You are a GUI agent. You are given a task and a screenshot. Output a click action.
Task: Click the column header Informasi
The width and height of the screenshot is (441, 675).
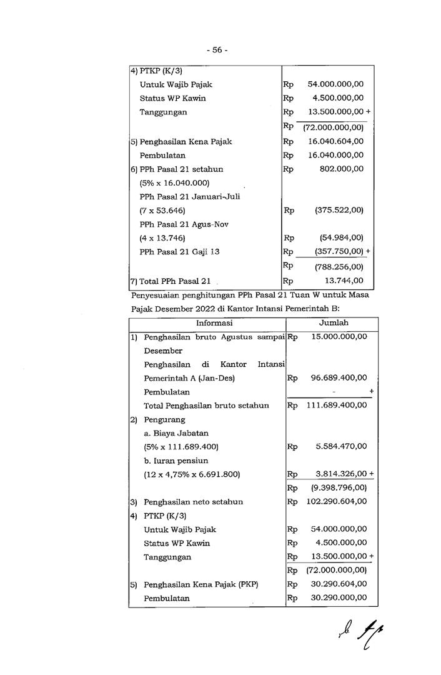click(x=214, y=323)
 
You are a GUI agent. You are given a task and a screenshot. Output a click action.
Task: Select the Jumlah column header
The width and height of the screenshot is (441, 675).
click(x=334, y=323)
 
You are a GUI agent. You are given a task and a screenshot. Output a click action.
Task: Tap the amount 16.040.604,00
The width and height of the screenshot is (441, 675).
click(x=336, y=142)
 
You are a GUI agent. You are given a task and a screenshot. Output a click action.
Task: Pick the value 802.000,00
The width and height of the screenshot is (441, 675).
click(x=341, y=169)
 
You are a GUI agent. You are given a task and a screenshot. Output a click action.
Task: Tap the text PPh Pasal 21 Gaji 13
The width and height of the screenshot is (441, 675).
click(x=179, y=251)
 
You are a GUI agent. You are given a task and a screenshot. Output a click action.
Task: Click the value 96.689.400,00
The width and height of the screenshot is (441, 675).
click(x=336, y=377)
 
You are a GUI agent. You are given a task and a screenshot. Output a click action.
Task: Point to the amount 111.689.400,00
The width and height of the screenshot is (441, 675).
click(x=336, y=405)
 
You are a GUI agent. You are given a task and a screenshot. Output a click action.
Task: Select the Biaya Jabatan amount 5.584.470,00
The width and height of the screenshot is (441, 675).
click(x=341, y=446)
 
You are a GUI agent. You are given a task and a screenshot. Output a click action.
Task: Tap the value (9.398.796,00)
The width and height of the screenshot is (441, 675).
click(x=339, y=487)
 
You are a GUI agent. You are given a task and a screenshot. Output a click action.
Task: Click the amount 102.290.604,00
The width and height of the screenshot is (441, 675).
click(x=336, y=501)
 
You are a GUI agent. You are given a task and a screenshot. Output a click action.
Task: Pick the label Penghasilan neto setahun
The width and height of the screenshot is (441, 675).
click(x=194, y=501)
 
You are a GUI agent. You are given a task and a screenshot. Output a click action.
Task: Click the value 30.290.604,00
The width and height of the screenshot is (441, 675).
click(x=336, y=584)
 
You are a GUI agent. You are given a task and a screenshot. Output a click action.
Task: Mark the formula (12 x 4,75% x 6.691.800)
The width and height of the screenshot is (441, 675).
click(x=192, y=474)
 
